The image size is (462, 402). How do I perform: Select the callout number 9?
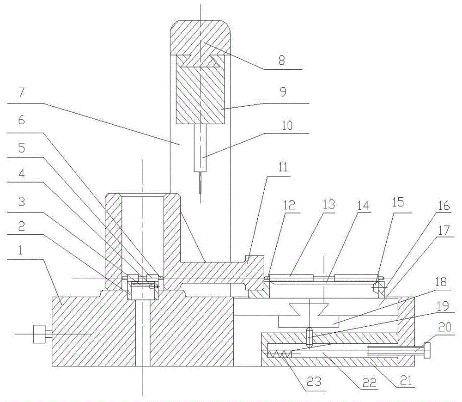point(283,91)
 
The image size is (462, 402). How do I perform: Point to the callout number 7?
point(22,93)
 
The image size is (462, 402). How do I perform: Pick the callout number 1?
point(19,250)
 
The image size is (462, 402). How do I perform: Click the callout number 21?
point(406,380)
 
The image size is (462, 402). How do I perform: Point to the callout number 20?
point(444,327)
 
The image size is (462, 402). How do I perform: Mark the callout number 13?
point(329,204)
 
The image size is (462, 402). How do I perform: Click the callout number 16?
point(444,206)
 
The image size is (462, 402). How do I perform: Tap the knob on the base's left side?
point(39,334)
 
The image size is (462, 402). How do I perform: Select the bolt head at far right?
point(427,350)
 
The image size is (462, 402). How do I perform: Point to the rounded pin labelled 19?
point(309,337)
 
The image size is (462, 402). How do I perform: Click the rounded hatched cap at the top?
point(201,37)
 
